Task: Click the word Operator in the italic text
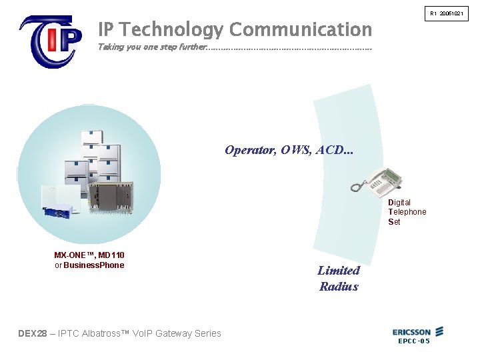click(249, 150)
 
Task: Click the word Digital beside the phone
click(399, 202)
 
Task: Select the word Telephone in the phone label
click(407, 212)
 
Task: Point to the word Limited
click(338, 271)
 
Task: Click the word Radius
click(339, 287)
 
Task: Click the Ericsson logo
click(418, 331)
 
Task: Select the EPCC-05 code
click(414, 341)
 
